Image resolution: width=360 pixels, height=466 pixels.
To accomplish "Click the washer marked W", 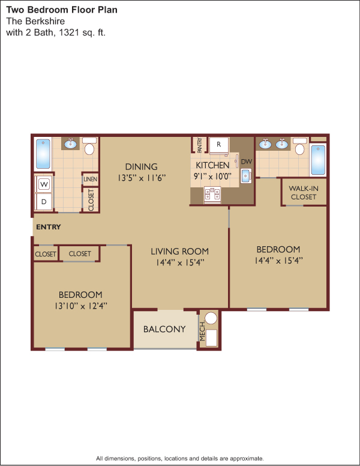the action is pos(44,184).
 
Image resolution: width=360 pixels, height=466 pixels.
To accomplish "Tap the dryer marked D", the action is pos(44,202).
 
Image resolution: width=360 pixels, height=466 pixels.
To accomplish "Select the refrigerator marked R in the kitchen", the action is pos(219,145).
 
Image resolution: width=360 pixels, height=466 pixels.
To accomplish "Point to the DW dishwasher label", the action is pos(247,162).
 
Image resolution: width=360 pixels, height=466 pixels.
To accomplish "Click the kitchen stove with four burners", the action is pos(212,195).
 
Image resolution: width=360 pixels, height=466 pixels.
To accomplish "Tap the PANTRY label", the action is pos(200,145).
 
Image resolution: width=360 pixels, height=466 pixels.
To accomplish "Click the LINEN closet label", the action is pos(90,179).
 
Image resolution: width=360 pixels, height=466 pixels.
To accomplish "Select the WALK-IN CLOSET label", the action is pos(304,193).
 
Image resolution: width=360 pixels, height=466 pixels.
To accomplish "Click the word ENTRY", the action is pos(49,227).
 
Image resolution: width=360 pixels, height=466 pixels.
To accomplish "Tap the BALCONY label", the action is pos(164,329).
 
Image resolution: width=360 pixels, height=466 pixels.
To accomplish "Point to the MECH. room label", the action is pos(203,331).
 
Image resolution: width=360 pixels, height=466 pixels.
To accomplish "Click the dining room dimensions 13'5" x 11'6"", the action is pos(142,178).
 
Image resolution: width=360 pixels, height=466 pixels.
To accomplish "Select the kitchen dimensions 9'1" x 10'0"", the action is pos(212,177).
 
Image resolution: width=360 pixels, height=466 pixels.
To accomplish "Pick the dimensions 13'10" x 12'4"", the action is pos(81,306).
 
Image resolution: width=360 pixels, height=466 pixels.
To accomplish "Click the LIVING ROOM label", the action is pos(180,252).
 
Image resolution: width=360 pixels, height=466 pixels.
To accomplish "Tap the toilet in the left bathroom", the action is pos(89,146).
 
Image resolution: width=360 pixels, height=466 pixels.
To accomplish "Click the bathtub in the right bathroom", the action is pos(318,160).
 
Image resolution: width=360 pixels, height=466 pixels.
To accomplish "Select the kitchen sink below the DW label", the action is pos(246,176).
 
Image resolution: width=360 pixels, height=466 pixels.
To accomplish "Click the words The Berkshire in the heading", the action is pos(35,21).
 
